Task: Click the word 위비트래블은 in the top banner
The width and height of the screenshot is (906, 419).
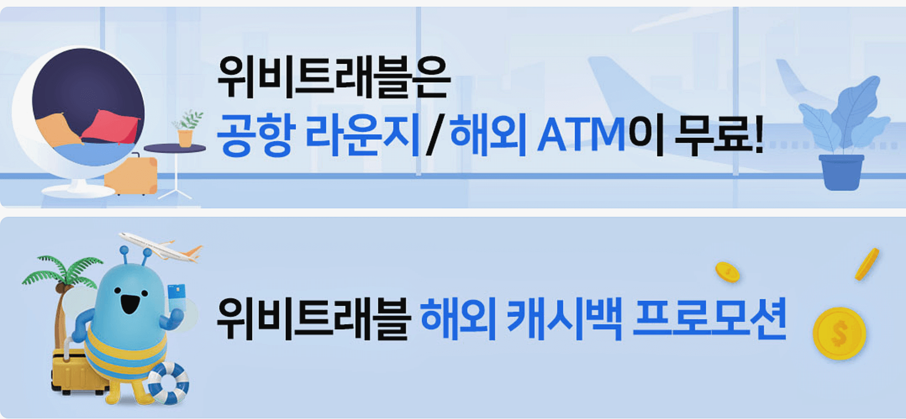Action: (333, 78)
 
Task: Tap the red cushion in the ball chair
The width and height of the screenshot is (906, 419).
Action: (112, 127)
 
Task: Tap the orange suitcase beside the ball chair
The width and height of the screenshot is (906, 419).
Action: (132, 175)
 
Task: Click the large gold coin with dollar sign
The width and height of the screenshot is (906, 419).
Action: (839, 334)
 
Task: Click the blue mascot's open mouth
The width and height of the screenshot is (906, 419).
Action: (130, 305)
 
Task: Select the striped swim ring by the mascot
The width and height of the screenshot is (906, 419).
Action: (168, 383)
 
